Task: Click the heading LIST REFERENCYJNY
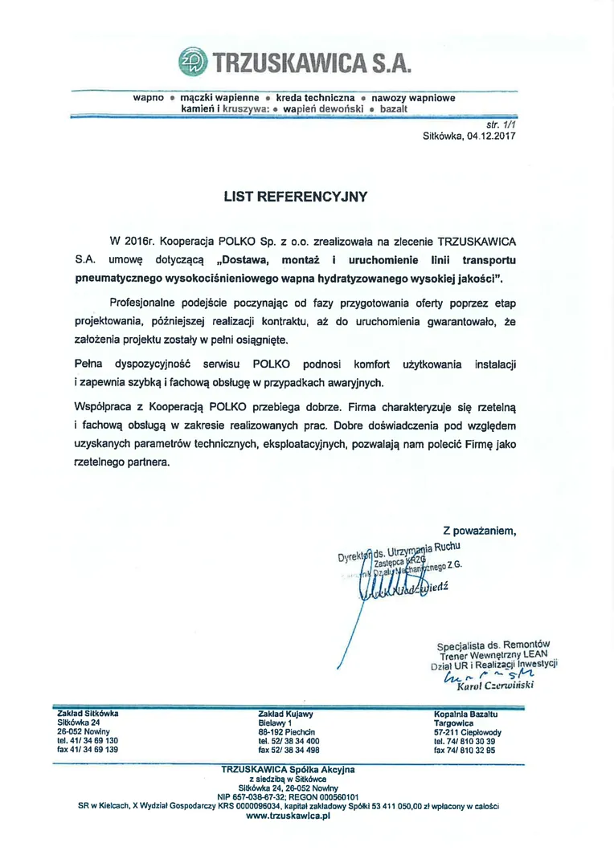click(295, 195)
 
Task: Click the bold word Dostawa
click(245, 259)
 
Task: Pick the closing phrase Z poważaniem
click(479, 531)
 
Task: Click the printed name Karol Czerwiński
click(493, 687)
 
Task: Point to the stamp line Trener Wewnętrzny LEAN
click(493, 654)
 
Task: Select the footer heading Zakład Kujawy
click(285, 713)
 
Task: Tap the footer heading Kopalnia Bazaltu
click(466, 713)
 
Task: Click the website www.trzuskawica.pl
click(288, 815)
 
